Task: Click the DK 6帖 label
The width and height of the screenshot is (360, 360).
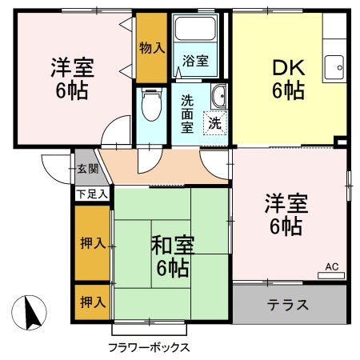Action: click(288, 78)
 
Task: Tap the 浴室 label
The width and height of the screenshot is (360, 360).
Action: click(195, 61)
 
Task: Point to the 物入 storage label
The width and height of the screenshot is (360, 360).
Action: click(151, 47)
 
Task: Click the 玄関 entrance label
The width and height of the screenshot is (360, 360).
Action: click(87, 169)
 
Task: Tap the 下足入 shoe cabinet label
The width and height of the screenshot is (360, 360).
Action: click(92, 194)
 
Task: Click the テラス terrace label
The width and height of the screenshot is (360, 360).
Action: click(289, 305)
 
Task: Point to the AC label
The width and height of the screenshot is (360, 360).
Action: click(331, 267)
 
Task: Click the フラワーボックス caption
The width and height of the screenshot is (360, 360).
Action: click(149, 347)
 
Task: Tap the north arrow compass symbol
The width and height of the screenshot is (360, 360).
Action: click(30, 312)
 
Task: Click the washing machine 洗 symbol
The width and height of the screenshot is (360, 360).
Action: click(214, 123)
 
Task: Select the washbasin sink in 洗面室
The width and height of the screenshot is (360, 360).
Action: click(218, 99)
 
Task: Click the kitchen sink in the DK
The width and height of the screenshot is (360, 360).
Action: click(335, 66)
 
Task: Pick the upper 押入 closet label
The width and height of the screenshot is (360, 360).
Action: click(93, 242)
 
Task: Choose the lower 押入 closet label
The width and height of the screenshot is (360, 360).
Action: click(93, 302)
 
